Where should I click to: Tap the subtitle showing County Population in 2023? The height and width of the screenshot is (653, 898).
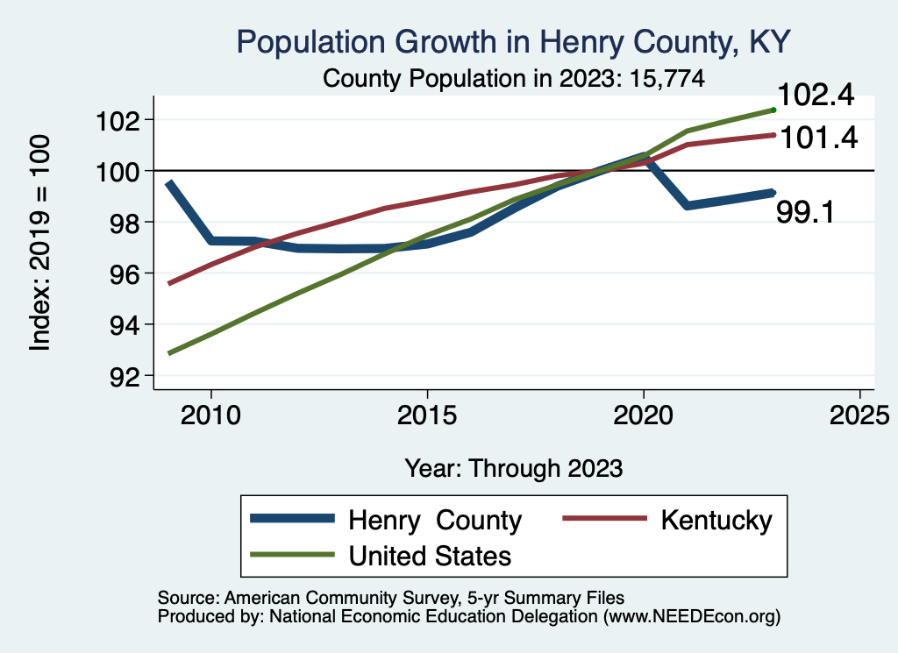[x=514, y=78]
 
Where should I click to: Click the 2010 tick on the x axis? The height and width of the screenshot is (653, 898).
[x=210, y=414]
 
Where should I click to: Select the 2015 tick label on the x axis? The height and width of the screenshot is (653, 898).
[x=427, y=414]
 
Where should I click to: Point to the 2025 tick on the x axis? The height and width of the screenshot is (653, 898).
[x=859, y=414]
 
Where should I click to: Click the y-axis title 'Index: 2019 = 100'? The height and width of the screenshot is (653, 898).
[x=40, y=243]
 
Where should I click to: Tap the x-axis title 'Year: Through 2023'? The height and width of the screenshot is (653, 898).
[x=514, y=468]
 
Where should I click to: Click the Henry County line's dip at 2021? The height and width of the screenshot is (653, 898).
[x=688, y=205]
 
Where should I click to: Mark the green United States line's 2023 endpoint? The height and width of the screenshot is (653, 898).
[x=773, y=110]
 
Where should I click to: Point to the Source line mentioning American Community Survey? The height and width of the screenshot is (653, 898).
[x=391, y=598]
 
